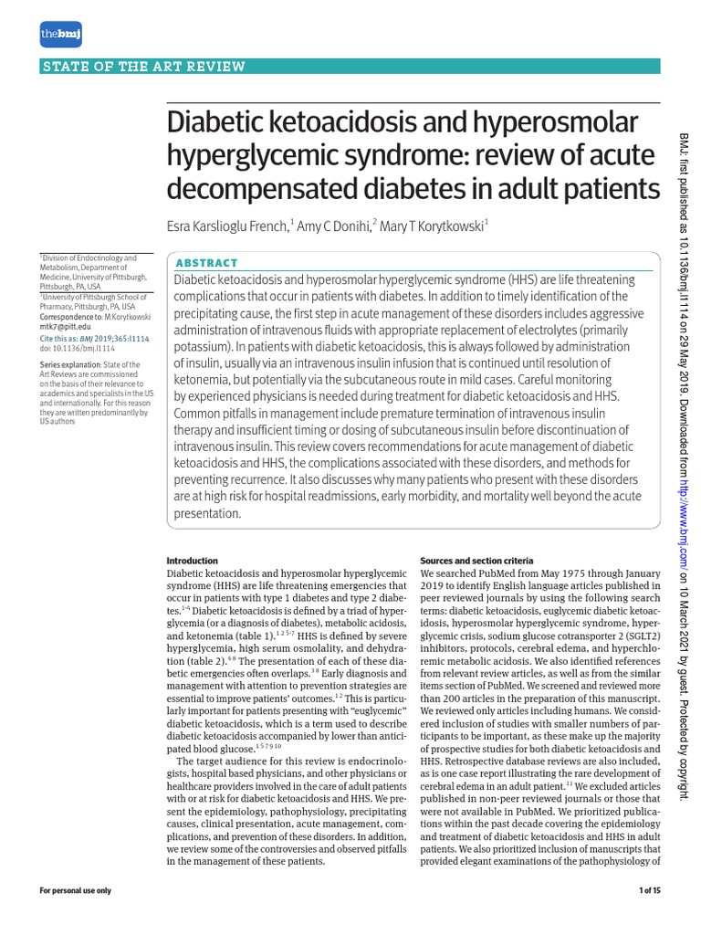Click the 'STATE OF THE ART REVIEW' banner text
click(144, 66)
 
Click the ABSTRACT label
click(206, 262)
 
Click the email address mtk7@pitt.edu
click(65, 326)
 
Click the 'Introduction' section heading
click(192, 561)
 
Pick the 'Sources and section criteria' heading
click(476, 561)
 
